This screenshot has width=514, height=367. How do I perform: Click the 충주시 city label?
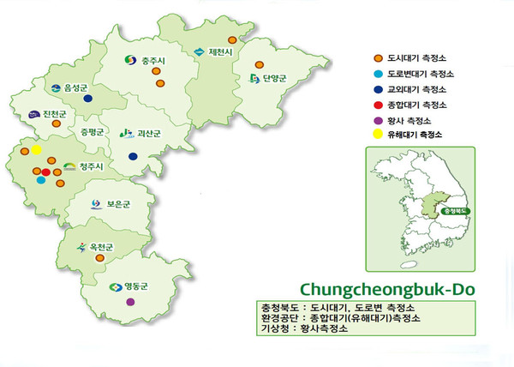point(152,60)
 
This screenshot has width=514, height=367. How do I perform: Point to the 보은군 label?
point(118,204)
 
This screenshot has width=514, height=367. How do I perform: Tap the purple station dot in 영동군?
point(129,303)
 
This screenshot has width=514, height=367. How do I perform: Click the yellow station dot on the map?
point(36,151)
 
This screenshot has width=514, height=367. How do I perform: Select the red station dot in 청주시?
point(46,173)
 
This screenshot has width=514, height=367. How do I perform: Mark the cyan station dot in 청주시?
point(40,181)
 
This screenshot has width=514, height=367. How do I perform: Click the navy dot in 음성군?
point(88,99)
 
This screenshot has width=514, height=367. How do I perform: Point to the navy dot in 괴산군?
point(133,156)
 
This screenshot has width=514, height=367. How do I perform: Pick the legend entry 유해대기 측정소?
point(415,135)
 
